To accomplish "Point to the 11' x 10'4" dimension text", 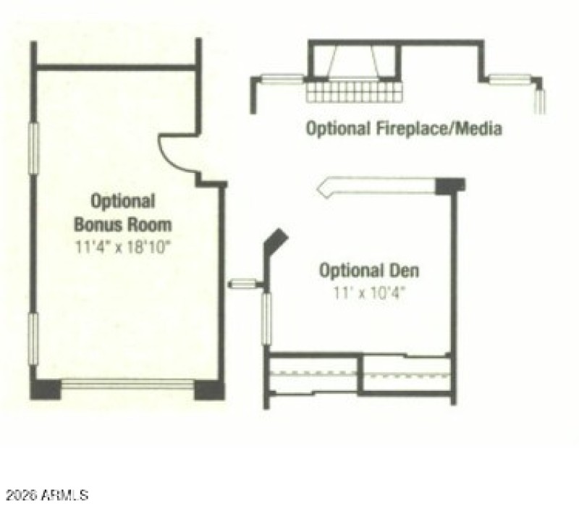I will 369,295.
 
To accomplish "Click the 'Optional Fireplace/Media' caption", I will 404,130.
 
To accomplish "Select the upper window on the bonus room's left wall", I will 33,148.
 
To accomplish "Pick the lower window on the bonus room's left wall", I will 33,341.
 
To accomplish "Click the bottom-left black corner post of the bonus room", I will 45,388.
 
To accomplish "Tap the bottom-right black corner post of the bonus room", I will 209,389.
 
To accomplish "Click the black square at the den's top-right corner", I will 450,185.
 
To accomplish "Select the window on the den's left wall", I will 266,318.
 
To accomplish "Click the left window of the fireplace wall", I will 282,80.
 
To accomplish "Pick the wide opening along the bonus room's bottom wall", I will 127,384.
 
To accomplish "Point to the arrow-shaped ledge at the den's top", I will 376,185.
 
